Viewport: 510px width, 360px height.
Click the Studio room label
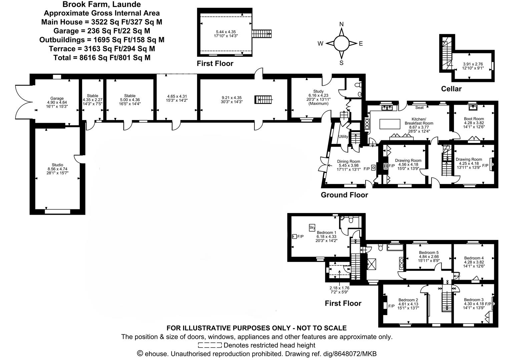point(57,165)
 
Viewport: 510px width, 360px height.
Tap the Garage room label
point(57,98)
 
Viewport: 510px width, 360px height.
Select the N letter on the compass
point(341,24)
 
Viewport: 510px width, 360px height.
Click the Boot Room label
point(474,119)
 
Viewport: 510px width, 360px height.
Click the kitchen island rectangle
point(390,124)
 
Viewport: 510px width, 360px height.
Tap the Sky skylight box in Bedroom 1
point(312,227)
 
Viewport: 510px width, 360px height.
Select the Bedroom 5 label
point(429,252)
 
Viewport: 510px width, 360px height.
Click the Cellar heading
point(451,89)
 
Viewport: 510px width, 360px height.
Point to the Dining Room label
point(349,161)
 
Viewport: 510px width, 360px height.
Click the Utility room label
point(343,137)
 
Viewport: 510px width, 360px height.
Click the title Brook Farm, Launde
point(102,4)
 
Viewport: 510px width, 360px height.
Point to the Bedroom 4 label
point(474,258)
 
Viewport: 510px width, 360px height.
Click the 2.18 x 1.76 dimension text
point(339,288)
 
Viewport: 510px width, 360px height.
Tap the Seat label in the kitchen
point(419,108)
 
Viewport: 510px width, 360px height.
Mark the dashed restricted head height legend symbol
point(209,345)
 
